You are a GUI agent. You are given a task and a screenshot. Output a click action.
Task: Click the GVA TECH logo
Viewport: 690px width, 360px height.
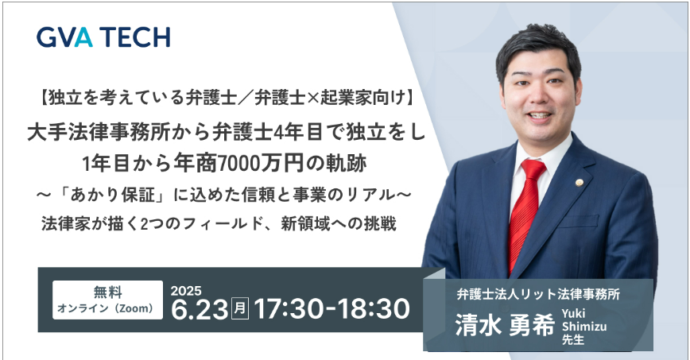(103, 37)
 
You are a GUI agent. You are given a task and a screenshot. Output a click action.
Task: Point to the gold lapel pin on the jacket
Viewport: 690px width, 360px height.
(579, 183)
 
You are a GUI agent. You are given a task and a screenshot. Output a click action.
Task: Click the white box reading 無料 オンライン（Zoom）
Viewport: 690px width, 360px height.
(107, 300)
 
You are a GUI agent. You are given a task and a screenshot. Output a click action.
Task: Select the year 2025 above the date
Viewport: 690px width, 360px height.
(186, 291)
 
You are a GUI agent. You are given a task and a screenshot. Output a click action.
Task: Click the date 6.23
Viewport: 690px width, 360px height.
(200, 309)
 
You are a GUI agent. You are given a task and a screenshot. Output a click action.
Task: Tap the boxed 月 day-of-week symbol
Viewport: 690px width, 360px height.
(240, 308)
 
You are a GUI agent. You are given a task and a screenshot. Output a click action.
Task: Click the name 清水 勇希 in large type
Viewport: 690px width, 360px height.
(504, 327)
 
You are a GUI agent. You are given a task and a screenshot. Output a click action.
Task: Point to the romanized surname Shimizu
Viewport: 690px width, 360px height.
(584, 327)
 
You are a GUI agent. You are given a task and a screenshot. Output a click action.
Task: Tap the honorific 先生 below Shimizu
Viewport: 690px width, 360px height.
(572, 340)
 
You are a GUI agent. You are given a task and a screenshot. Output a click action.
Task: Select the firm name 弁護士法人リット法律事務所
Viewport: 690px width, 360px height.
(538, 294)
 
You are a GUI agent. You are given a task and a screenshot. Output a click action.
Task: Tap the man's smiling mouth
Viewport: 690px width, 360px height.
(540, 116)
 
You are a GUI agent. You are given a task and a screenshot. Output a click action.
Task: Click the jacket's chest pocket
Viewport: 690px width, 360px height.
(578, 220)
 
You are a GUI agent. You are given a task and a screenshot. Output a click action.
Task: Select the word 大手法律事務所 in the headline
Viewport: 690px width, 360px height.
(98, 133)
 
